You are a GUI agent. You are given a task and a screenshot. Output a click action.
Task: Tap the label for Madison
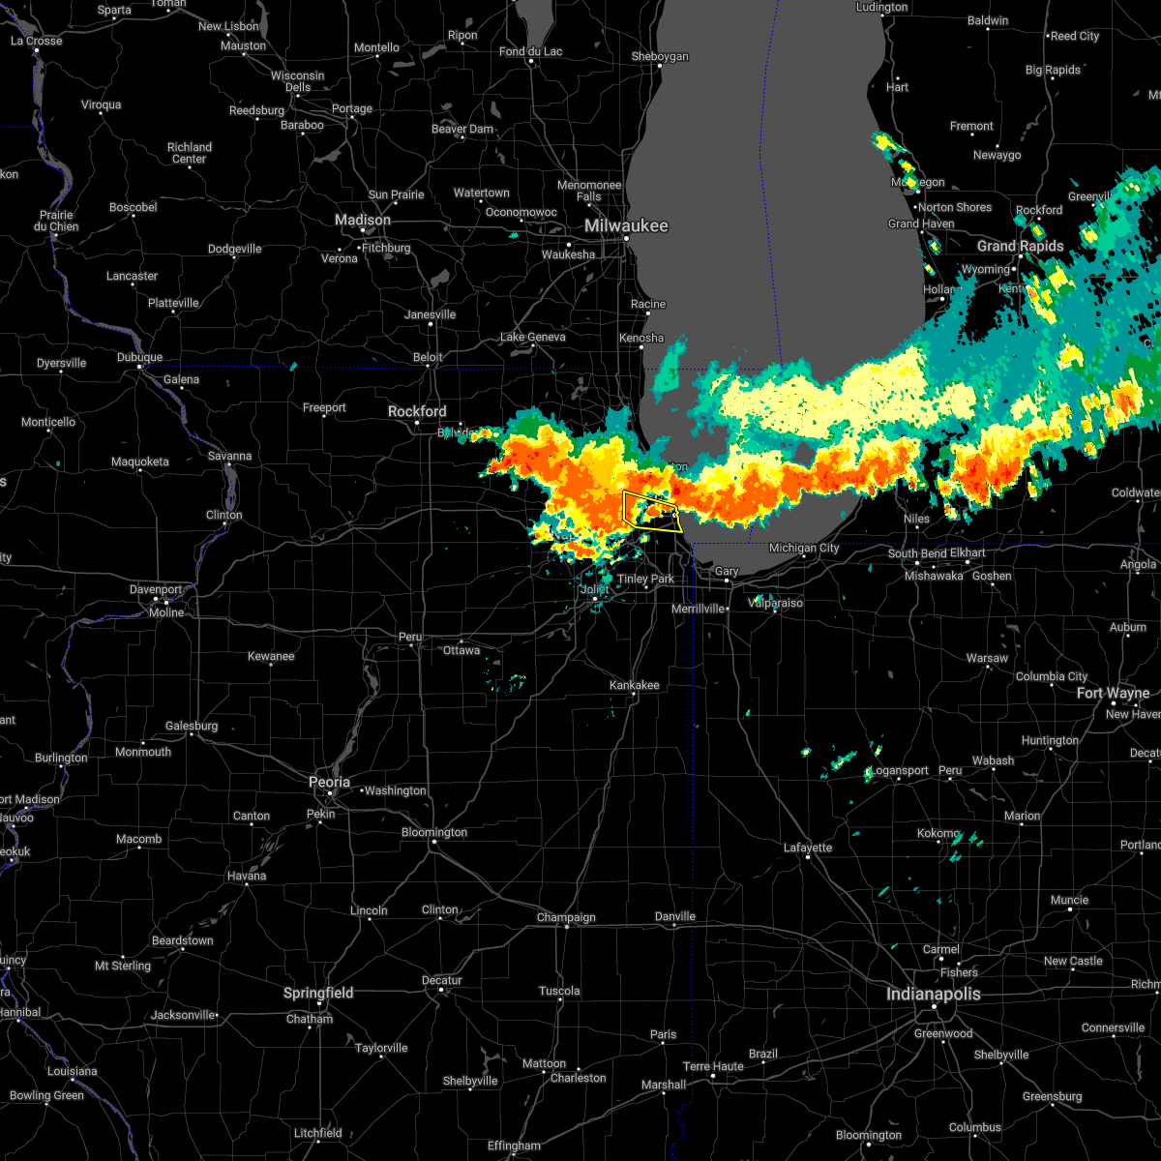click(x=363, y=220)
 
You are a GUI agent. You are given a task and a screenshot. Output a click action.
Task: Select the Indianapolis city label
click(x=934, y=994)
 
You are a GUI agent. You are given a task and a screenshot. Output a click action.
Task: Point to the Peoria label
click(x=329, y=782)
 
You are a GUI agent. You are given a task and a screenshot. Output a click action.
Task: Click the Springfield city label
click(x=319, y=993)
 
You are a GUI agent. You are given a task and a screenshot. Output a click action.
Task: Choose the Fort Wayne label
click(x=1113, y=693)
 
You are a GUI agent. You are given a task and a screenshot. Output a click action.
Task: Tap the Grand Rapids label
click(x=1020, y=246)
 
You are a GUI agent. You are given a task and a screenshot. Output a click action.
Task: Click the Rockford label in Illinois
click(x=417, y=411)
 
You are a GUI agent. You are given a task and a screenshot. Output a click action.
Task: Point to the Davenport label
click(x=156, y=589)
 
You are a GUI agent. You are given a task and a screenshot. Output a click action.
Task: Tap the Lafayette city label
click(x=807, y=848)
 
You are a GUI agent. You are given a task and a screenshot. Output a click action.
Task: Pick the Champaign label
click(x=566, y=917)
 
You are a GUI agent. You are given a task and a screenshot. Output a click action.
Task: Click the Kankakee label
click(x=634, y=685)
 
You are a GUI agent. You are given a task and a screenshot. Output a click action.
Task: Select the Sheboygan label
click(x=660, y=56)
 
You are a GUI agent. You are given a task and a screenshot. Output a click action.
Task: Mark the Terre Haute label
click(x=713, y=1066)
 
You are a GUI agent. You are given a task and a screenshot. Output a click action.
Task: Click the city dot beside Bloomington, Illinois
click(x=433, y=843)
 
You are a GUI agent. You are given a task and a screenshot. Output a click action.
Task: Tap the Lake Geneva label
click(x=532, y=337)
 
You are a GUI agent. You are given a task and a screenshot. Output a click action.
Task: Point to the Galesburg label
click(x=191, y=726)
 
